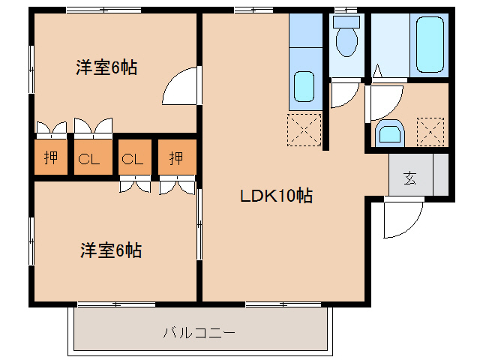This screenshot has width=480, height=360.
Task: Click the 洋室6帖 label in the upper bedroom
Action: coord(106,67)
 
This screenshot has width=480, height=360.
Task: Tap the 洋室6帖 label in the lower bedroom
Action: coord(111,250)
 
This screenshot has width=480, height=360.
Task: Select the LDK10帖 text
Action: coord(276,197)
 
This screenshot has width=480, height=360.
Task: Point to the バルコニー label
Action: coord(199,331)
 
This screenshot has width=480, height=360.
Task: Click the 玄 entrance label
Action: coord(410,178)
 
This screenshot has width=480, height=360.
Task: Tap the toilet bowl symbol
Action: coord(346,41)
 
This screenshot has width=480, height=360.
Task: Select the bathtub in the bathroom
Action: coord(428,44)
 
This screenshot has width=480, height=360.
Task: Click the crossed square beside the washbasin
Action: coord(430,132)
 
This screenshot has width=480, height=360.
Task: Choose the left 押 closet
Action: coord(51,157)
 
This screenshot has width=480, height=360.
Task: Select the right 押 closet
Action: coord(176,157)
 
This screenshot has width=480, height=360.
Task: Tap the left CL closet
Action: coord(92,158)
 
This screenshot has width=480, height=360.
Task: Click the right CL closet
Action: coord(133,158)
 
